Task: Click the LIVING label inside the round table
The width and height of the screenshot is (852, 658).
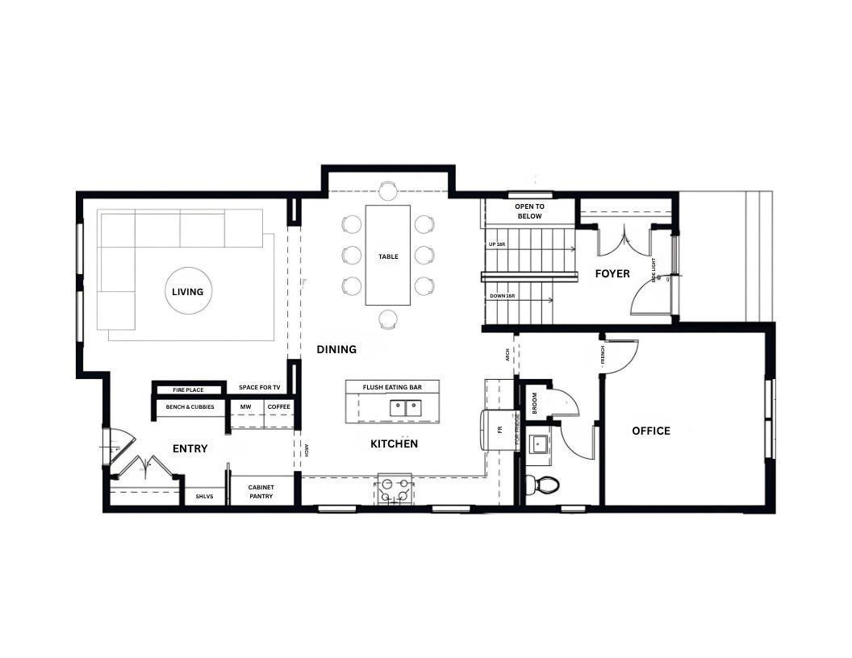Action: pos(187,292)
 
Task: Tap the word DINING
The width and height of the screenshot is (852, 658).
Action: pos(336,349)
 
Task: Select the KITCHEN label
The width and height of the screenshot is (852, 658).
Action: pos(394,444)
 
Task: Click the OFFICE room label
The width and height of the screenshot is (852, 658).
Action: pos(650,431)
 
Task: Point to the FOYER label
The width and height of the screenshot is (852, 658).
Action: pos(612,273)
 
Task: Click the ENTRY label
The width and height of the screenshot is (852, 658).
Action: pos(190,448)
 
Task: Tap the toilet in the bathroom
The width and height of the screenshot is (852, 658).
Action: pos(545,485)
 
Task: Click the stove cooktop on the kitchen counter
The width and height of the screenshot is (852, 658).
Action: pos(395,489)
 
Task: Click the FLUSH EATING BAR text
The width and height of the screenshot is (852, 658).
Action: pos(392,387)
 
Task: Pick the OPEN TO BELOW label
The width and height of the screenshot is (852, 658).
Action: pos(529,211)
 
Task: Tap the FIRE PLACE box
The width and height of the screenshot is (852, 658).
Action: pos(188,389)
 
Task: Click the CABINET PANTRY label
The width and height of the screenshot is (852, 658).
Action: pos(261,491)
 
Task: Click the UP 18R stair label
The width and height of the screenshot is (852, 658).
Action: pos(497,244)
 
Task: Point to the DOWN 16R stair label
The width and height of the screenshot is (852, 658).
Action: pos(502,296)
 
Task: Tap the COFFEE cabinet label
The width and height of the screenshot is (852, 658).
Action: pos(278,406)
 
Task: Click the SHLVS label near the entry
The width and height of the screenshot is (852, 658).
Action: pos(204,496)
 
